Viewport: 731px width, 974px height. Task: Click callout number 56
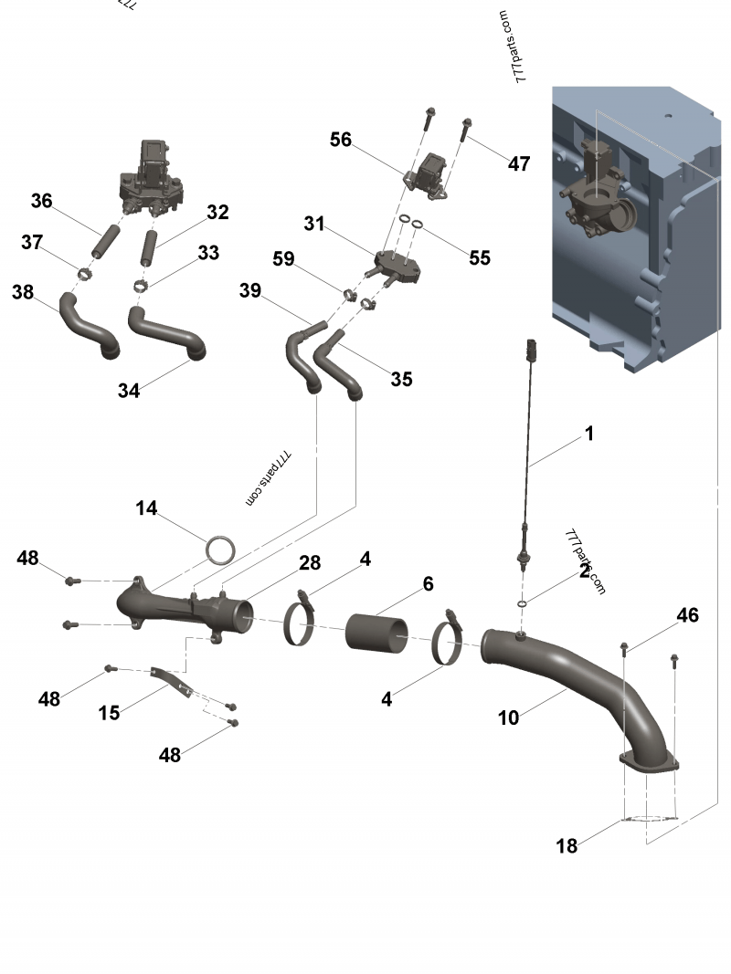[x=341, y=140]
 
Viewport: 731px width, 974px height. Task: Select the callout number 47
[x=519, y=164]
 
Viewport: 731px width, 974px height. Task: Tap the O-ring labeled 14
[x=220, y=550]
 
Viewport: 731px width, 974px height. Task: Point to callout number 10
[x=508, y=718]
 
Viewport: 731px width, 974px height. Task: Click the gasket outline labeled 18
[x=651, y=819]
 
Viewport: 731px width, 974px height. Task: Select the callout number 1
[x=589, y=434]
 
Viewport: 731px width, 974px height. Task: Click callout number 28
[x=310, y=563]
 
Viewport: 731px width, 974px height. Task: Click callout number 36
[x=42, y=201]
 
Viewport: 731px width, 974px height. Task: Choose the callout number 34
[x=129, y=391]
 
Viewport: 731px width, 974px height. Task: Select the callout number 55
[x=480, y=258]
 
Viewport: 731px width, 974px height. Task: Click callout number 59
[x=284, y=259]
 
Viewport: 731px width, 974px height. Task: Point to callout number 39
[x=250, y=290]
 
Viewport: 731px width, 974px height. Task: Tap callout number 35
[x=401, y=380]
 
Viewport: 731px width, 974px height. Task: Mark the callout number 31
[x=314, y=223]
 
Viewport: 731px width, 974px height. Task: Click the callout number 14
[x=147, y=508]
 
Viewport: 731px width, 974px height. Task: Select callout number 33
[x=208, y=253]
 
